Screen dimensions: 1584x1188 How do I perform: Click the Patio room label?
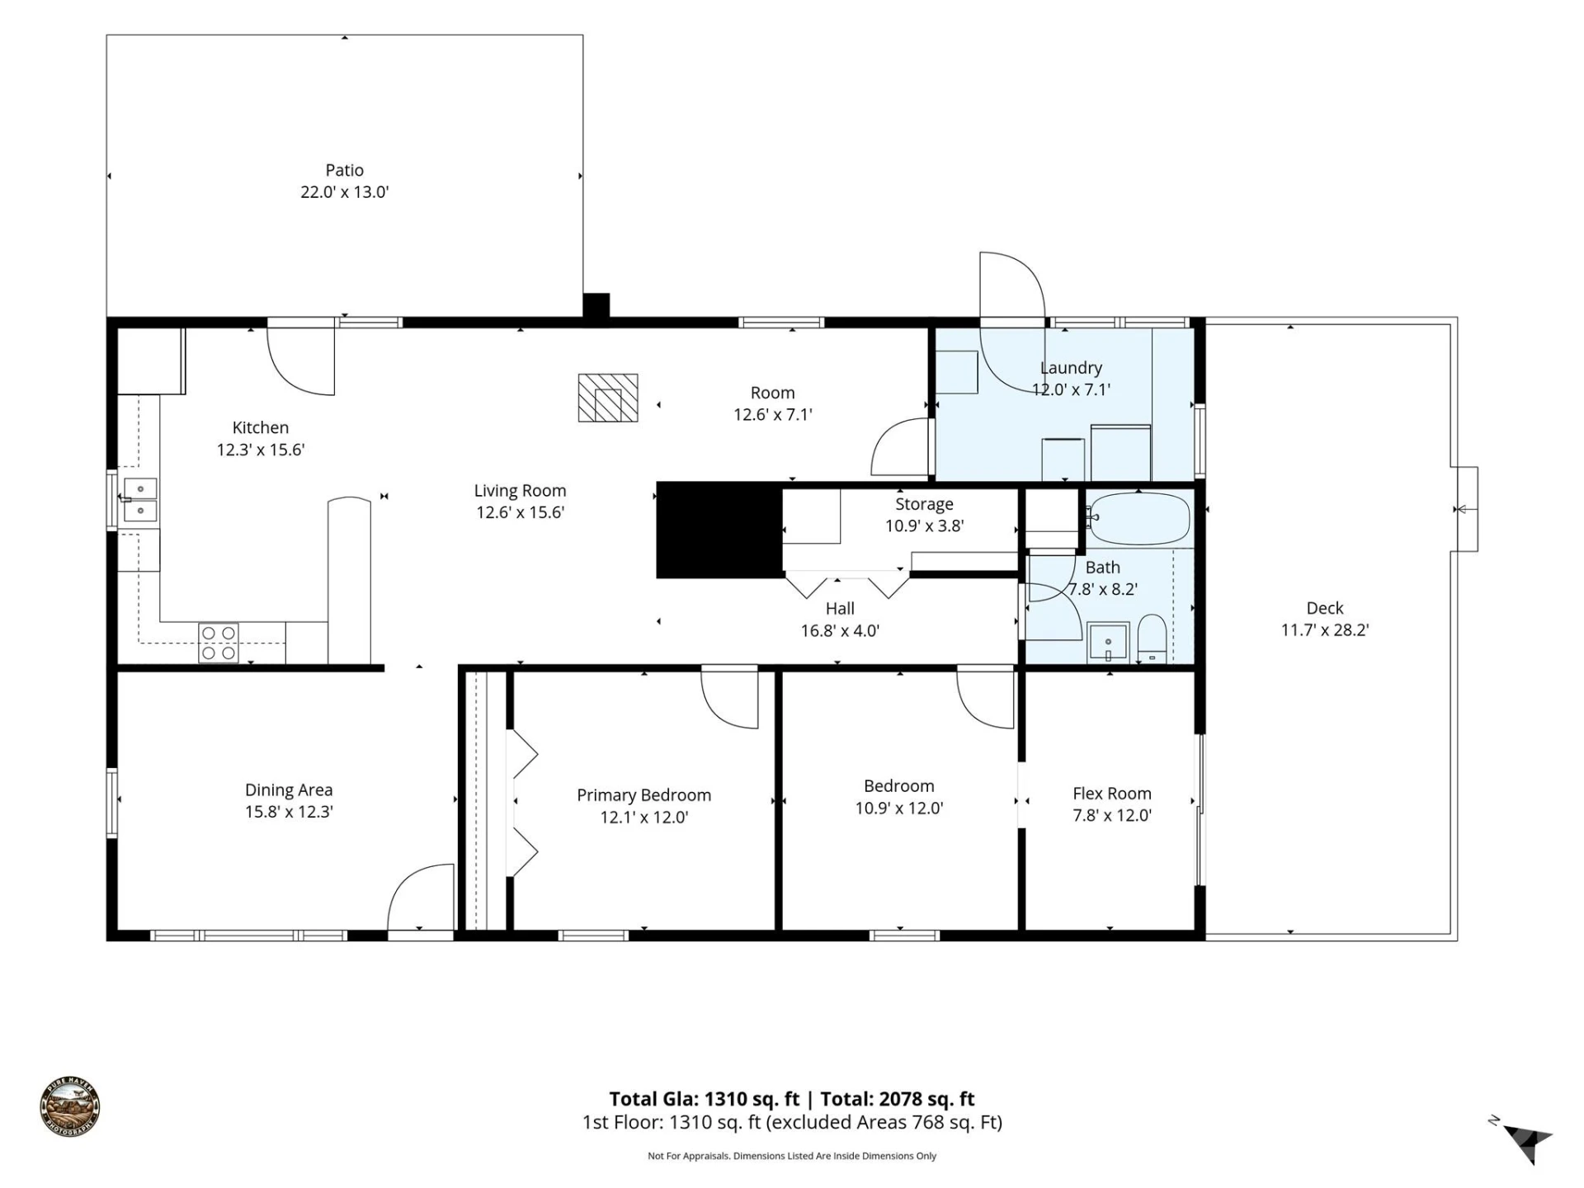point(344,171)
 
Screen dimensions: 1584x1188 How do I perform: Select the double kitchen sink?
point(140,500)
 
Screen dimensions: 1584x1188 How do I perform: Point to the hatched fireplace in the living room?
point(608,398)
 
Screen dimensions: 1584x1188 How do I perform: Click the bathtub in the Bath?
point(1138,519)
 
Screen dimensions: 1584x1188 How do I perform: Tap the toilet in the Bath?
point(1151,639)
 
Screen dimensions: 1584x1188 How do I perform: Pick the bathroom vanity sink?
point(1108,642)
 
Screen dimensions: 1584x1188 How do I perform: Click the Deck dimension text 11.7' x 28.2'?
point(1324,630)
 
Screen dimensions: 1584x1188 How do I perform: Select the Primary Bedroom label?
point(643,795)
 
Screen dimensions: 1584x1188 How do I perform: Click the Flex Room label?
point(1111,794)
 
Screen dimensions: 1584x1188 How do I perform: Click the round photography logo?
point(70,1108)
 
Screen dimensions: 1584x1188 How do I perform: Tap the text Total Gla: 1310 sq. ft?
point(704,1099)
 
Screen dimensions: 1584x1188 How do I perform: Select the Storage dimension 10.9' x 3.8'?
point(924,526)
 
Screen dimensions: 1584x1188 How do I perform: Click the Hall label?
point(840,609)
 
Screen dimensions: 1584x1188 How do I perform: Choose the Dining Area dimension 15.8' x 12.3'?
point(289,812)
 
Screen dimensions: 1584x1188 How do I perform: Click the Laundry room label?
point(1071,368)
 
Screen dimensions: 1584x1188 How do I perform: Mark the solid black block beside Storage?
point(719,530)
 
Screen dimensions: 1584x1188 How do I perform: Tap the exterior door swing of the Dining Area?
point(421,897)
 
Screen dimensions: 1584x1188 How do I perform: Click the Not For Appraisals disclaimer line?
point(792,1156)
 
